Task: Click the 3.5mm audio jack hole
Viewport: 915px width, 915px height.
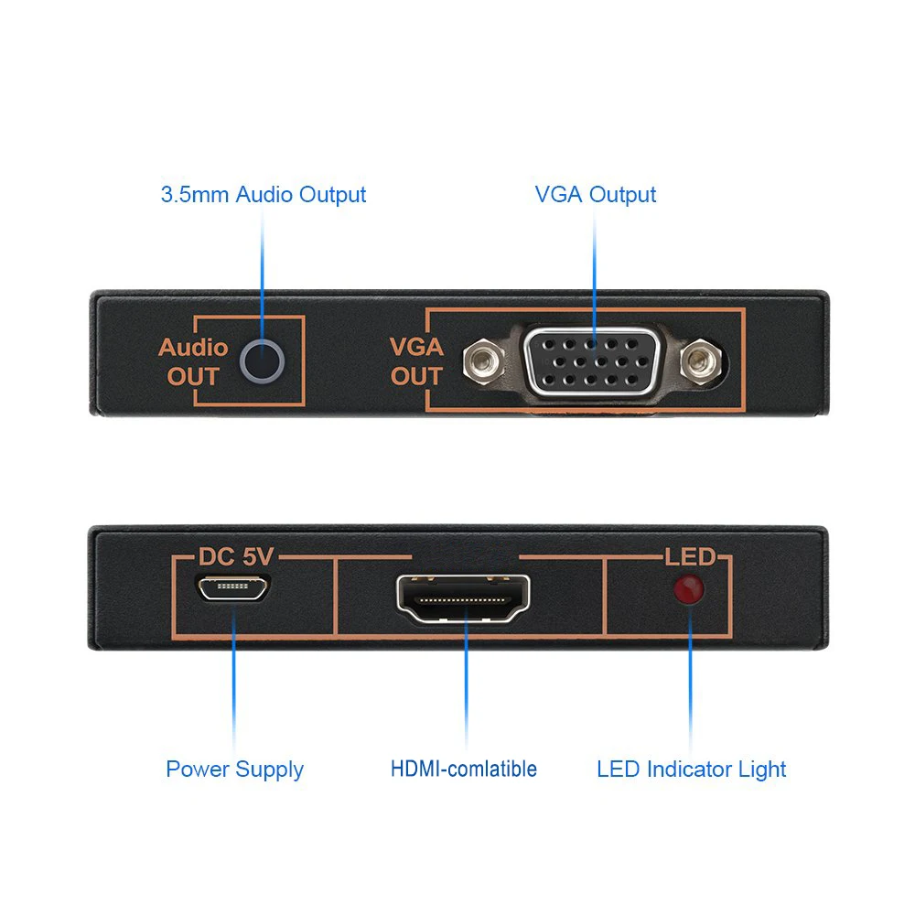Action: [x=261, y=361]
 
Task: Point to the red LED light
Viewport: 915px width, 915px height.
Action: [x=688, y=591]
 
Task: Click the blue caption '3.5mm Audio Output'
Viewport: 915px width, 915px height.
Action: [x=264, y=195]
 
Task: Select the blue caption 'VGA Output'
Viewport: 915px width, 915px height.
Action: [x=596, y=195]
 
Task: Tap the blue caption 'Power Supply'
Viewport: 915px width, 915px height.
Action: [x=234, y=769]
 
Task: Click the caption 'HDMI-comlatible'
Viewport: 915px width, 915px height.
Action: [x=464, y=769]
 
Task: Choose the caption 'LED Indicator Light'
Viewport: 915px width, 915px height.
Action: [x=691, y=769]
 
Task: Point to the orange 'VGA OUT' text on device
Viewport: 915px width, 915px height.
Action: [x=416, y=361]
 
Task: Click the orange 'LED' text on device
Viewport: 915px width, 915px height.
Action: [x=689, y=556]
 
